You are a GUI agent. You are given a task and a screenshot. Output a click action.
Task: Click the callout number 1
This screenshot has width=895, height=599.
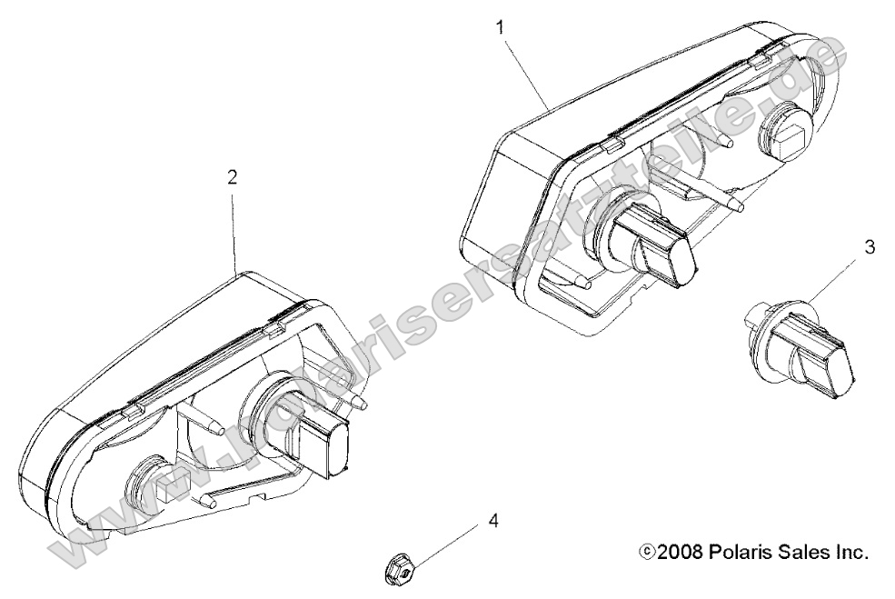(x=502, y=27)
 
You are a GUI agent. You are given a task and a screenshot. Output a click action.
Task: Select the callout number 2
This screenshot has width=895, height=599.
(x=232, y=177)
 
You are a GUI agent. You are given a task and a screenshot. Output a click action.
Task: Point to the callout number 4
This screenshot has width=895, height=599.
(x=493, y=521)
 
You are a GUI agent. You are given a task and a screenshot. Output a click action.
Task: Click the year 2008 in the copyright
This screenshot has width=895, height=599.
(x=680, y=552)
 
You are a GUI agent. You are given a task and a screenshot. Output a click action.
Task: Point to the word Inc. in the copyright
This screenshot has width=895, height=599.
(x=850, y=552)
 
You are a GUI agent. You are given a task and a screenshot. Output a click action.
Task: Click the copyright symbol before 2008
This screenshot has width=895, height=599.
(x=646, y=552)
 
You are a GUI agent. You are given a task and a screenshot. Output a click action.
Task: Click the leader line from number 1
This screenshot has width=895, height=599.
(x=526, y=73)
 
